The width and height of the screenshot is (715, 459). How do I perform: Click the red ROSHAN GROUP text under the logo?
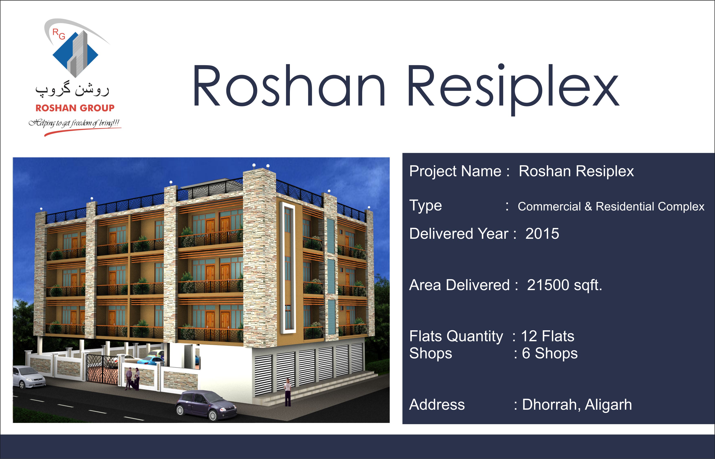click(x=75, y=108)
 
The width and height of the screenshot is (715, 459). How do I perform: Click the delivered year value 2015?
click(x=542, y=233)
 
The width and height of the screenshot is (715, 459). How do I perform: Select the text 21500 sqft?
click(x=564, y=285)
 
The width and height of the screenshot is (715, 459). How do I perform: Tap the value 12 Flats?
click(x=548, y=336)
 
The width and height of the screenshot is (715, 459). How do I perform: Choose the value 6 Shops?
click(x=550, y=353)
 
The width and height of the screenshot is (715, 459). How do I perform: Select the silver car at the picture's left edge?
click(x=28, y=377)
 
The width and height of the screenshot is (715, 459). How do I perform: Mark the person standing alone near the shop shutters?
click(x=288, y=392)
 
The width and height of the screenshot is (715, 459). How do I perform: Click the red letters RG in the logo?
click(x=59, y=34)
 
